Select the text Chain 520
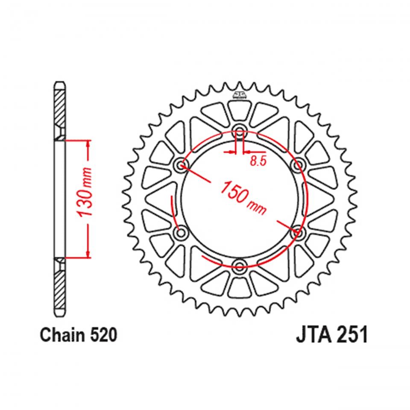pyautogui.click(x=78, y=336)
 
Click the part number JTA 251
pyautogui.click(x=331, y=336)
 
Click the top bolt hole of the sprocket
pyautogui.click(x=239, y=131)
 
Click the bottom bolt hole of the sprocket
pyautogui.click(x=239, y=267)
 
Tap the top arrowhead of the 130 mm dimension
pyautogui.click(x=88, y=144)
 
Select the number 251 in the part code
pyautogui.click(x=351, y=336)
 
